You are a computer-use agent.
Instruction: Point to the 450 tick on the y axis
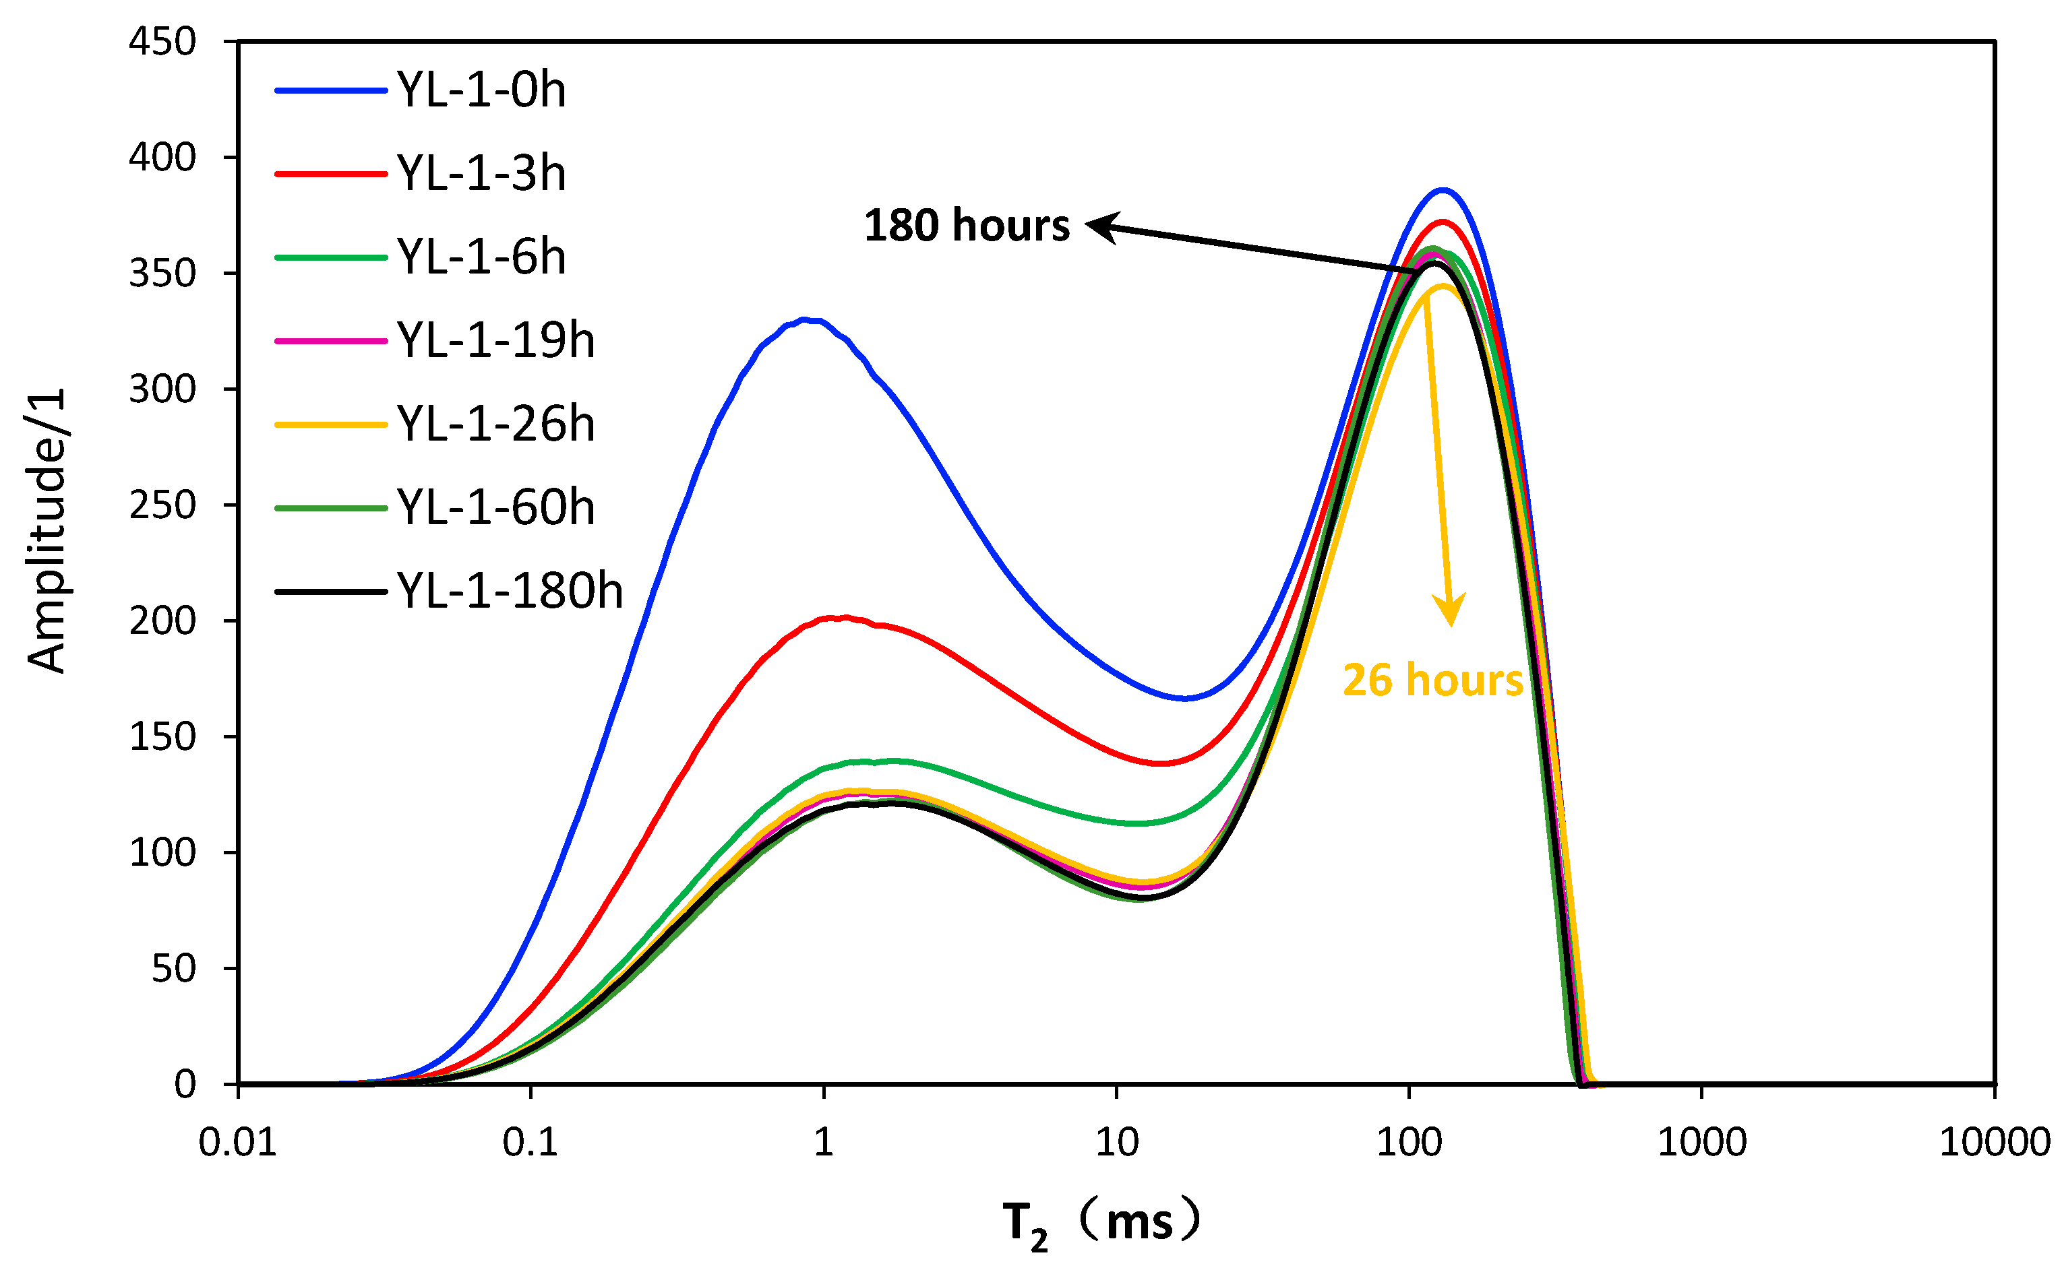point(162,41)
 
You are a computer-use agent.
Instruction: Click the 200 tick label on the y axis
point(162,621)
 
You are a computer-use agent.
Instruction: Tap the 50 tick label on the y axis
point(173,968)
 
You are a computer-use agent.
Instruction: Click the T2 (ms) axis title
point(1101,1222)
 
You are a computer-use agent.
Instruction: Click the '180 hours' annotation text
point(966,226)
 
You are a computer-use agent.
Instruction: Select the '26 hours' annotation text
point(1432,680)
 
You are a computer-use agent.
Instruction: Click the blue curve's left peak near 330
point(803,319)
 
